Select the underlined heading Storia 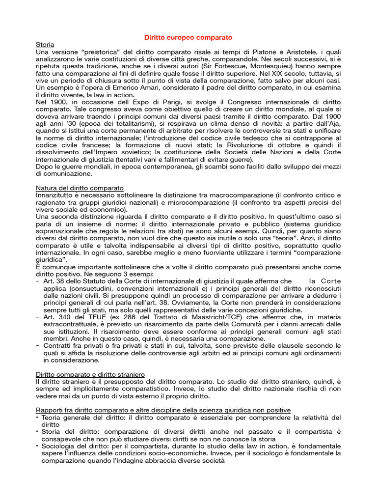pos(46,45)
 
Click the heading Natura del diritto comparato pos(80,188)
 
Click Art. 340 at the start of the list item pos(55,318)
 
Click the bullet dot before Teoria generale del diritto pos(38,418)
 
